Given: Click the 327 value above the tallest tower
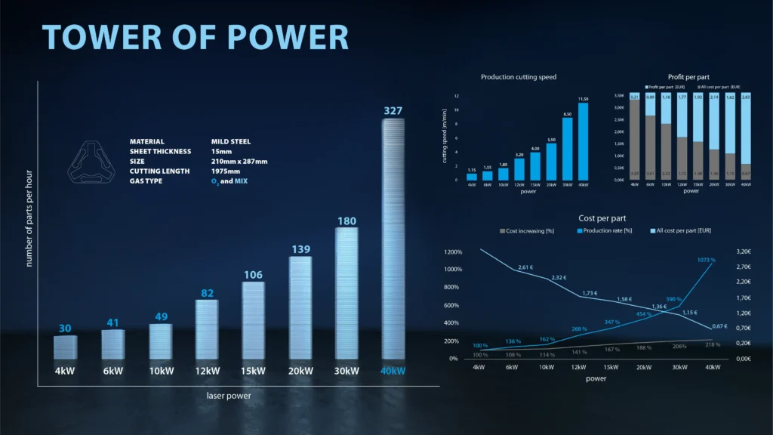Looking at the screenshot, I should pyautogui.click(x=393, y=111).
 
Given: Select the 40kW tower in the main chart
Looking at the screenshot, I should pyautogui.click(x=393, y=239).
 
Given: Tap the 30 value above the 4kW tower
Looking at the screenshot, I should pyautogui.click(x=65, y=329).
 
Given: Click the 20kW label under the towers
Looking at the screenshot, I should pyautogui.click(x=300, y=371).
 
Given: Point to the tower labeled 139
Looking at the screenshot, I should pyautogui.click(x=300, y=308).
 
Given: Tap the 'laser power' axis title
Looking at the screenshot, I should pyautogui.click(x=229, y=395).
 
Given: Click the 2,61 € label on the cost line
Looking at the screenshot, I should pyautogui.click(x=526, y=267).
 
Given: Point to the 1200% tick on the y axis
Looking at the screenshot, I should pyautogui.click(x=453, y=251).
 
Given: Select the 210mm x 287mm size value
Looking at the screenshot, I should pyautogui.click(x=239, y=161).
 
